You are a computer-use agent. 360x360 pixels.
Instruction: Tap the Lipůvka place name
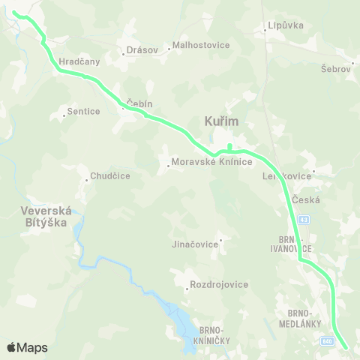pos(285,25)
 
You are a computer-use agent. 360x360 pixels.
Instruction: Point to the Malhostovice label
pos(201,45)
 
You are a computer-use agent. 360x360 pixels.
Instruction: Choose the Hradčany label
pos(79,62)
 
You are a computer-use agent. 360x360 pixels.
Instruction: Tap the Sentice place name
pos(83,111)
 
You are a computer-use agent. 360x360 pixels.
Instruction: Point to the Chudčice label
pos(110,176)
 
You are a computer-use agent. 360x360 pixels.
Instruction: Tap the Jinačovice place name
pos(195,244)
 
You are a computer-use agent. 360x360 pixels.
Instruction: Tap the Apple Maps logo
pos(27,347)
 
